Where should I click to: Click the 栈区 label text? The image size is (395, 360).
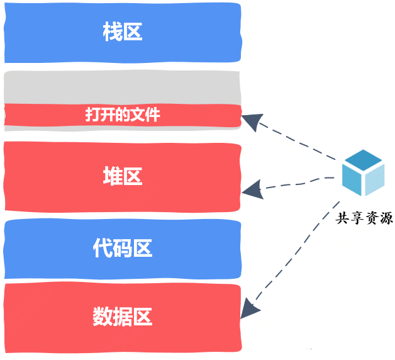[123, 31]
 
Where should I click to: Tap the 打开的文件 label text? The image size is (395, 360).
[123, 115]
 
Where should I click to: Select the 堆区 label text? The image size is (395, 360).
[123, 176]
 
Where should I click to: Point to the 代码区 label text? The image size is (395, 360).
[123, 248]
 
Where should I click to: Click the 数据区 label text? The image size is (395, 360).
[123, 317]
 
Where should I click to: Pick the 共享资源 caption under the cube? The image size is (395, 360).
[364, 218]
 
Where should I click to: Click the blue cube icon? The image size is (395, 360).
[364, 172]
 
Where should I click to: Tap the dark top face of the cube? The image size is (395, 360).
[364, 159]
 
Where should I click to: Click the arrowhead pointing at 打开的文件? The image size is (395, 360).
[253, 121]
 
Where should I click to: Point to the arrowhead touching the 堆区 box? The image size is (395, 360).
[254, 189]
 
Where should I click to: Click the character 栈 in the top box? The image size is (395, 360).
[113, 31]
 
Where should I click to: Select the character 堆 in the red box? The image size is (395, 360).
[113, 176]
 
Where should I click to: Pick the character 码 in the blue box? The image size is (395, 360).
[123, 248]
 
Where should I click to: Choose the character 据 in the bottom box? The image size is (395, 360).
[123, 317]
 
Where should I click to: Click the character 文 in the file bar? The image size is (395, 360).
[138, 115]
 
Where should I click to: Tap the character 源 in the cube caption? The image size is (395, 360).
[386, 218]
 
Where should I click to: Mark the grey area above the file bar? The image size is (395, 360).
[122, 87]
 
